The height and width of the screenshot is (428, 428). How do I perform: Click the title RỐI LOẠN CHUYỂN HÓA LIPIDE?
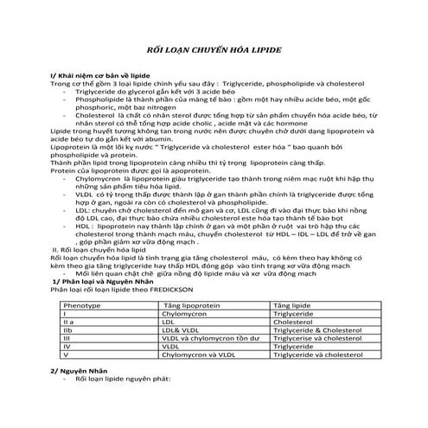tap(214, 51)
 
